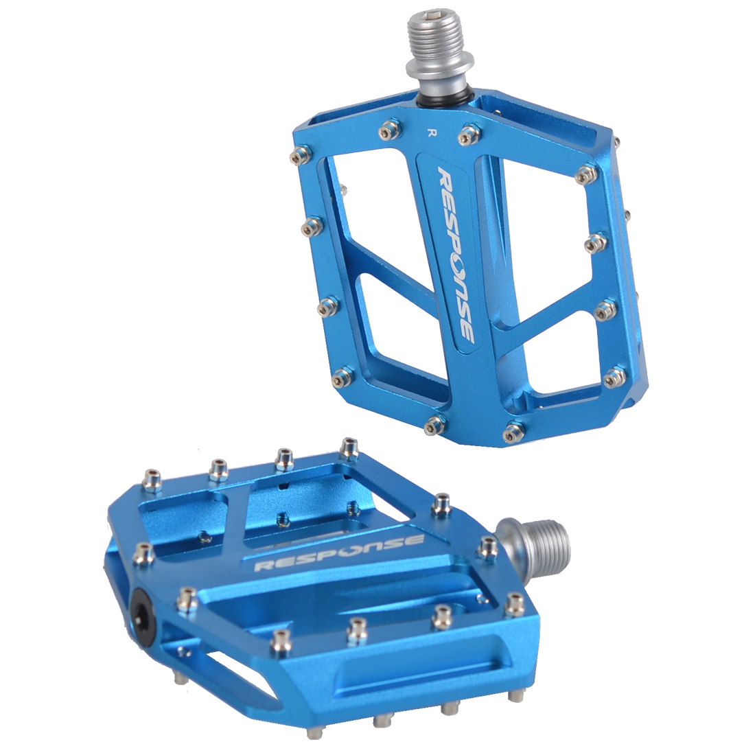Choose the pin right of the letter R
coord(469,135)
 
